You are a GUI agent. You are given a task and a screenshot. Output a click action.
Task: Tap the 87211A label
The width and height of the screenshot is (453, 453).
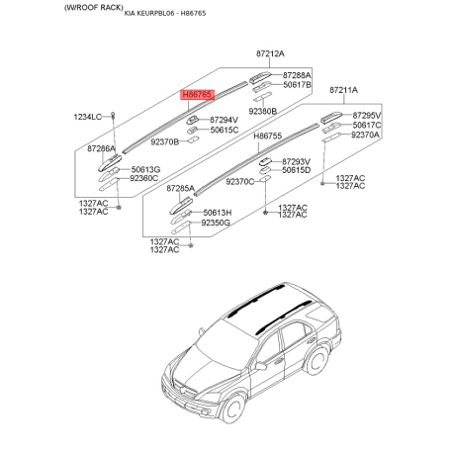tap(343, 90)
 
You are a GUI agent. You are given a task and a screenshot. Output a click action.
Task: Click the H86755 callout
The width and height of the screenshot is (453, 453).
tap(268, 136)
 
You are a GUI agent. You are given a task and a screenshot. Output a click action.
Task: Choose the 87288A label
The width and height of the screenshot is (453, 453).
tap(297, 75)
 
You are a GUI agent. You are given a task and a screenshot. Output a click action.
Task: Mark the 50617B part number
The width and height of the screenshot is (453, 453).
tap(297, 86)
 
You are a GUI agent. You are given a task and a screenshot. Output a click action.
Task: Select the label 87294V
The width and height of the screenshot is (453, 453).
tap(226, 120)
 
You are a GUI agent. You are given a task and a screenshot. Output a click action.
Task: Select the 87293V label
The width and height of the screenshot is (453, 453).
tap(297, 160)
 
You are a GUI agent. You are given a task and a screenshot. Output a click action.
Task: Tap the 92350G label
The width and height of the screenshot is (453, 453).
tap(216, 224)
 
